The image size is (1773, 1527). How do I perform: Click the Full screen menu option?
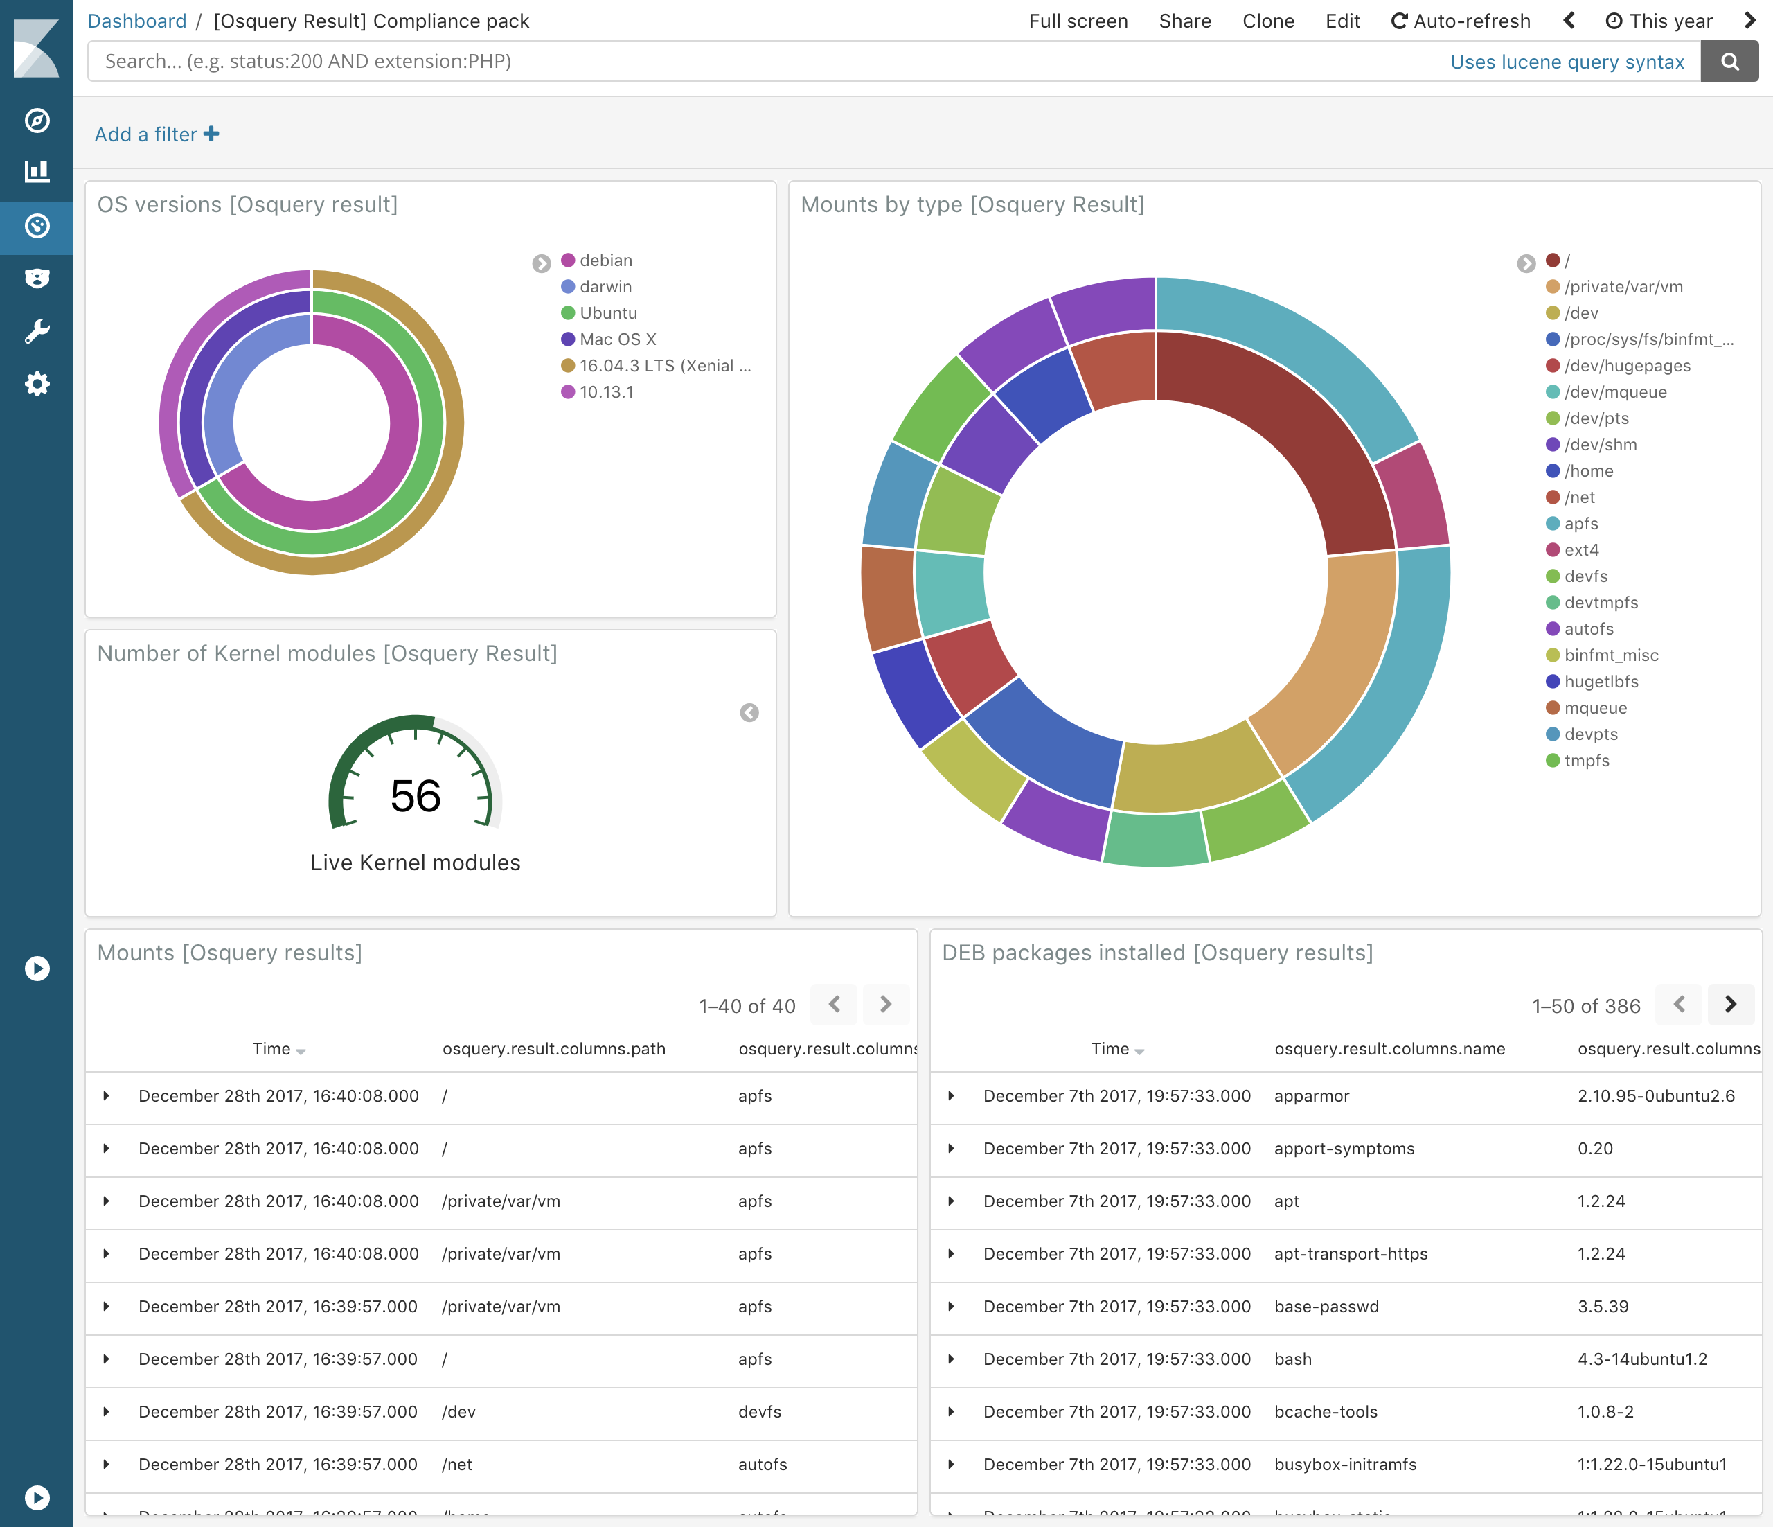pos(1078,21)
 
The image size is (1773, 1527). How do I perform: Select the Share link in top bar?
pos(1184,21)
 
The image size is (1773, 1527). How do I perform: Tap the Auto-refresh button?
pos(1460,21)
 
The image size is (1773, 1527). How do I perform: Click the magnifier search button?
pos(1729,62)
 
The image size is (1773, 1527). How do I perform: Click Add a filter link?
pos(157,134)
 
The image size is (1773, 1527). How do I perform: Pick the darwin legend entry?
pos(605,287)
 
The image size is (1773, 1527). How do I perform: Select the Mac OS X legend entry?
pos(617,339)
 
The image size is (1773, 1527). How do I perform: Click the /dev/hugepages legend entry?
pos(1627,367)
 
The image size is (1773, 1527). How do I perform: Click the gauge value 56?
pos(415,796)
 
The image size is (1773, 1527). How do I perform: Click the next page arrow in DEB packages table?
pos(1729,1004)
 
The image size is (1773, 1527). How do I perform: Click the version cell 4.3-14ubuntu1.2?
pos(1641,1359)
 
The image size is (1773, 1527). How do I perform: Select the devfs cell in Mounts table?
pos(759,1412)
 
